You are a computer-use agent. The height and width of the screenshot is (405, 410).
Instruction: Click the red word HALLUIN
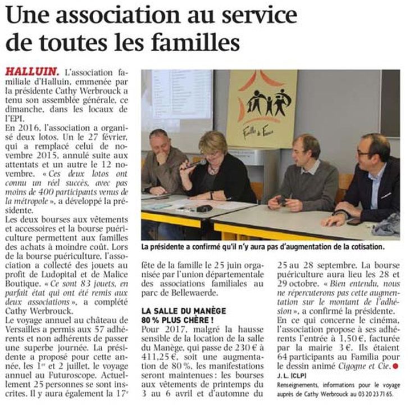tap(31, 72)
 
